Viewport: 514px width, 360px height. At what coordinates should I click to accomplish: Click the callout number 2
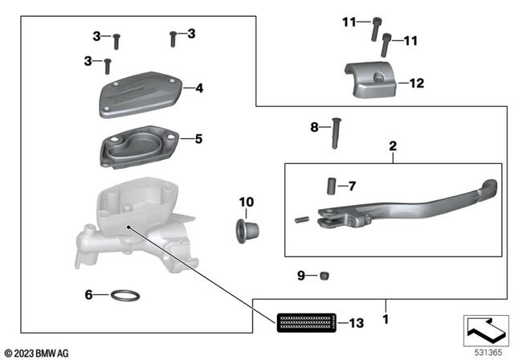point(393,147)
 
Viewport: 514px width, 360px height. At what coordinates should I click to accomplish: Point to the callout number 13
point(357,324)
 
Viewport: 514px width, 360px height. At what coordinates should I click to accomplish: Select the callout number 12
point(416,83)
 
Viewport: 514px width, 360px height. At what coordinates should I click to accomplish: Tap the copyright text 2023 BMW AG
point(37,353)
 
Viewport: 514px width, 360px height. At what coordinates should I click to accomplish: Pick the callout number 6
point(90,295)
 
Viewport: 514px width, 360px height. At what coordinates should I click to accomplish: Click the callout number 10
point(246,201)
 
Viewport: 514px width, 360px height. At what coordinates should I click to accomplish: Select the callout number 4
point(198,88)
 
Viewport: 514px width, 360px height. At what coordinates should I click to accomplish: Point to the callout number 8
point(315,127)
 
